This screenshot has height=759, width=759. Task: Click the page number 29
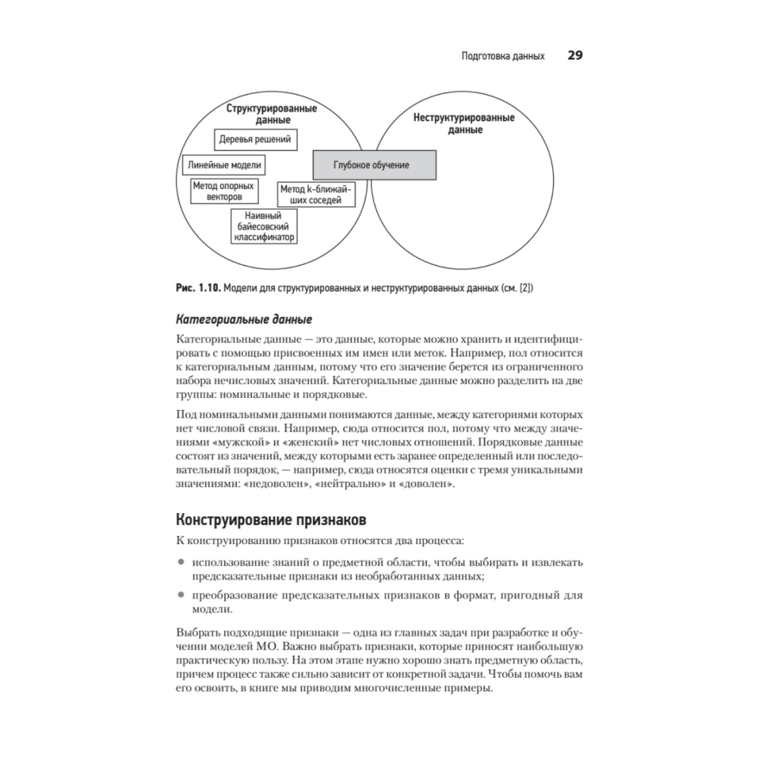(x=575, y=56)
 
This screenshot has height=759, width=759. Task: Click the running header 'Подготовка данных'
(x=502, y=57)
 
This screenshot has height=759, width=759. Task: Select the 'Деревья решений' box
(x=255, y=140)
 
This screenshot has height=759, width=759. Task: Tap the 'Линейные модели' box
(x=224, y=165)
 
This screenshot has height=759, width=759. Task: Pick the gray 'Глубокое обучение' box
(x=375, y=165)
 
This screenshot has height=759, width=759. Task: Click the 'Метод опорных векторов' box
(x=224, y=190)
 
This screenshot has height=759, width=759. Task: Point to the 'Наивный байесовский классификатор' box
(x=263, y=227)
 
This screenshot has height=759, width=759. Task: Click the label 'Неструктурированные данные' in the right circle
(x=464, y=124)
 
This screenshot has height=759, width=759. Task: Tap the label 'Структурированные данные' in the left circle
(x=271, y=114)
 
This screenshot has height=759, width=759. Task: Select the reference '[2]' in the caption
(x=525, y=288)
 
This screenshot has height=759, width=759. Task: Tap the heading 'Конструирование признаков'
(x=271, y=521)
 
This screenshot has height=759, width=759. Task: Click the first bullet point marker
(x=181, y=562)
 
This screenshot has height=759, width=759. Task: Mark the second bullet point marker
(x=181, y=595)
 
